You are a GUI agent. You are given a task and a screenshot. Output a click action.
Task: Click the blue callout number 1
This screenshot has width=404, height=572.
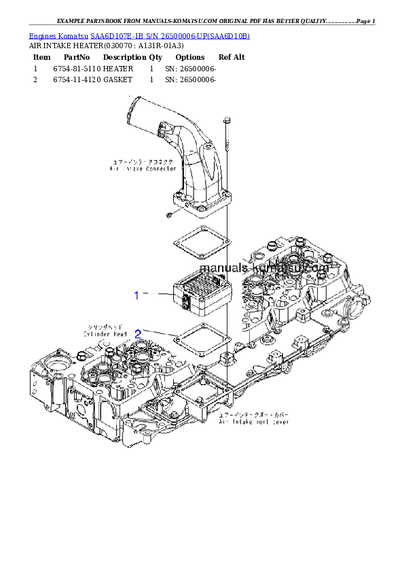[136, 295]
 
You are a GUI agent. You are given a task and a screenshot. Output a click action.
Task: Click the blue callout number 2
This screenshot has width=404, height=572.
[138, 334]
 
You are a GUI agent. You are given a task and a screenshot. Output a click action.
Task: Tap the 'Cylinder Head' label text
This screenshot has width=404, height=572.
[105, 333]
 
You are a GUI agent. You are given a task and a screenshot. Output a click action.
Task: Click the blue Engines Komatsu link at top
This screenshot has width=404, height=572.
[139, 35]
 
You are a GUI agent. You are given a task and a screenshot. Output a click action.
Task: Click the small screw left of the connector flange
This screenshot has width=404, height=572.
[168, 215]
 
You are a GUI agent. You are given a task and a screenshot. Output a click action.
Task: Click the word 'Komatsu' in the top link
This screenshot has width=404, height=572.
[73, 35]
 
